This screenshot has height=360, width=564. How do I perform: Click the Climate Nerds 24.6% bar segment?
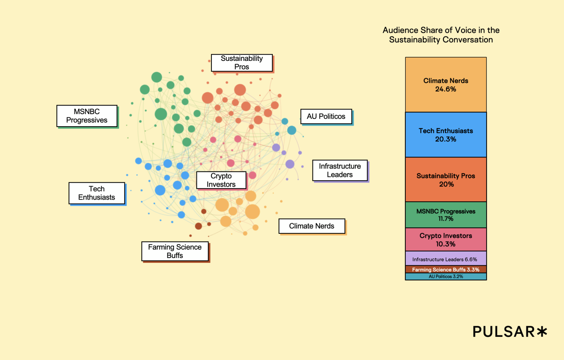(x=446, y=85)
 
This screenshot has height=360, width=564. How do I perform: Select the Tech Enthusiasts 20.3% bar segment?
(x=446, y=135)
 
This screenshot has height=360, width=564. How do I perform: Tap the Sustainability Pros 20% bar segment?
(x=446, y=180)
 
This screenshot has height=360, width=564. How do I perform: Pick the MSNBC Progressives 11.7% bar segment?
(x=446, y=215)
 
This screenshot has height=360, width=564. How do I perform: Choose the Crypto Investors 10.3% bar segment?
(x=446, y=240)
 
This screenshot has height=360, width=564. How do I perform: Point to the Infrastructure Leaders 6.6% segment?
(x=446, y=259)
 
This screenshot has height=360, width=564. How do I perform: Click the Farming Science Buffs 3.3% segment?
(x=446, y=269)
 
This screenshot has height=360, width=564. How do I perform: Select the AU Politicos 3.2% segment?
(x=446, y=277)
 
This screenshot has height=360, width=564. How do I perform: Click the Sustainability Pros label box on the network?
(x=242, y=63)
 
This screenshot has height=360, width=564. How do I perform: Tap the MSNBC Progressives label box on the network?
(x=87, y=116)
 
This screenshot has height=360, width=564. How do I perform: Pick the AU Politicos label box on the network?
(x=326, y=117)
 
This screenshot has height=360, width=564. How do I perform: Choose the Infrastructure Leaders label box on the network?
(x=340, y=170)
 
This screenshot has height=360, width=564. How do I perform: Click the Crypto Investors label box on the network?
(x=221, y=180)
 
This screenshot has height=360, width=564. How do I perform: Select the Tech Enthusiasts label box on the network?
(x=97, y=193)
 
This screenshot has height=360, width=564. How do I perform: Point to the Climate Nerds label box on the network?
(x=312, y=226)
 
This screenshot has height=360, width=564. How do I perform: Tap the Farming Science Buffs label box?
(x=175, y=251)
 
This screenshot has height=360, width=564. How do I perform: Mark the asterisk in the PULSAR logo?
(x=542, y=332)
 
